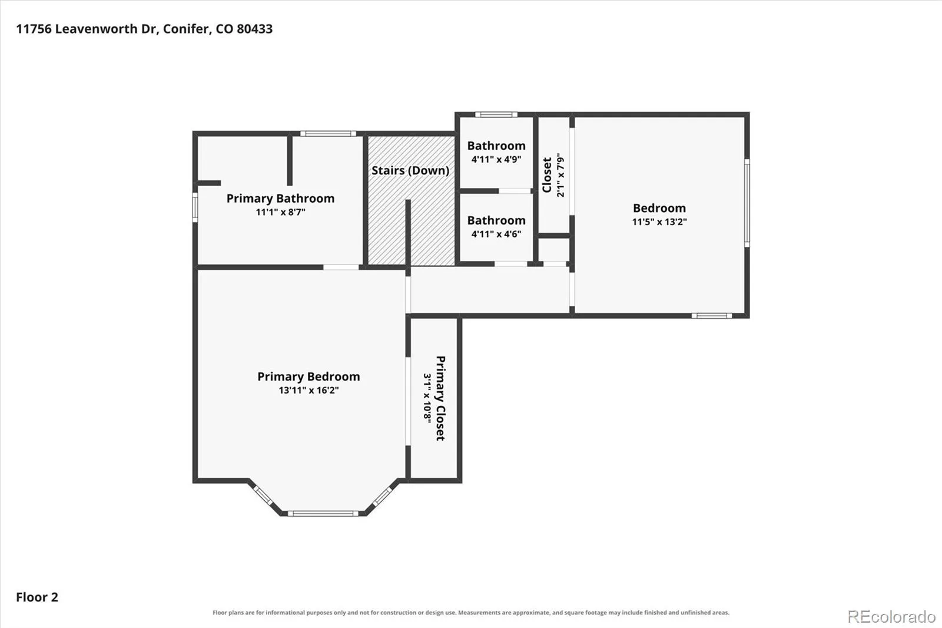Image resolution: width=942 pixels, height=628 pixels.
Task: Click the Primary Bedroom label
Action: click(x=309, y=376)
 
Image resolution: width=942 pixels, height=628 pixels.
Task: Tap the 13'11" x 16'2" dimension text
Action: click(x=309, y=390)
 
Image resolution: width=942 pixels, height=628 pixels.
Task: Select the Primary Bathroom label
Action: click(x=280, y=199)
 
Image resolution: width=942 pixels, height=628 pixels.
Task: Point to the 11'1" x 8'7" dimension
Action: click(x=280, y=211)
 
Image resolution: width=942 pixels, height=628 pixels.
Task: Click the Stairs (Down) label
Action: click(x=410, y=170)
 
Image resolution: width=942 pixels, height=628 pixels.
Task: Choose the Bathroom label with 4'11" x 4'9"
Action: click(x=496, y=146)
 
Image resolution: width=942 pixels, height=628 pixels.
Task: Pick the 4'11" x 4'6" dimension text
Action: click(x=496, y=234)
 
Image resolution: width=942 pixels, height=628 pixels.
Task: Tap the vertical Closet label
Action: click(x=547, y=175)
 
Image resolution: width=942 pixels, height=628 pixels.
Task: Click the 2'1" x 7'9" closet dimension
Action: click(x=560, y=175)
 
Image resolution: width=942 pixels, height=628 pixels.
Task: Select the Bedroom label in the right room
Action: click(x=659, y=209)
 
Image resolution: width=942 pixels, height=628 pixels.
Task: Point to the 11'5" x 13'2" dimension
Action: click(x=659, y=222)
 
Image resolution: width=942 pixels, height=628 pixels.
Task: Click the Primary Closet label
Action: click(x=440, y=398)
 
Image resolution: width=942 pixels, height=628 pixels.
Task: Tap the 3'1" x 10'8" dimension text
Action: click(x=427, y=398)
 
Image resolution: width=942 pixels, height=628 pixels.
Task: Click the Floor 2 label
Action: click(x=37, y=597)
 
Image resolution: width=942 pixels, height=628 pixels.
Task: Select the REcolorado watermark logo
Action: click(x=891, y=617)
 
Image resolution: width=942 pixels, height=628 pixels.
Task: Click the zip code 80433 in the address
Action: click(x=254, y=29)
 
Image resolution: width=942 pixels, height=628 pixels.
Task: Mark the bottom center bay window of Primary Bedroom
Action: click(x=323, y=514)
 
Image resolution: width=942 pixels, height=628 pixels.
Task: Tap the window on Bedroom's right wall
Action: click(x=747, y=203)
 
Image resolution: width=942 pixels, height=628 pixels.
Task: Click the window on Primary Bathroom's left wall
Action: click(x=195, y=207)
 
